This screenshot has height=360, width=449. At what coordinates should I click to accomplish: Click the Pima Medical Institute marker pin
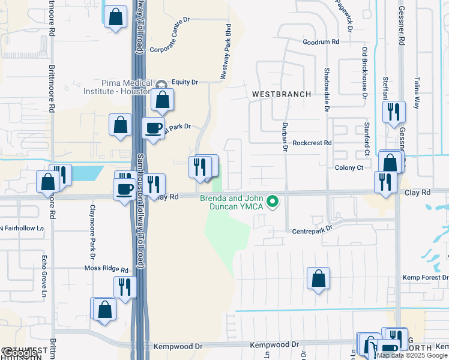point(161,83)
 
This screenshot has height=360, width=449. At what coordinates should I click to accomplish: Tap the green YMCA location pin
point(273,201)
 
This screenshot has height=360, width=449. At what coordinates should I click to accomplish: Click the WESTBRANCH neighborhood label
point(282,94)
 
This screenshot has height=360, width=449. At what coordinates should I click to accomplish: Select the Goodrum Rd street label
point(321,43)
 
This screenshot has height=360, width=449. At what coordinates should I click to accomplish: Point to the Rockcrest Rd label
point(312,143)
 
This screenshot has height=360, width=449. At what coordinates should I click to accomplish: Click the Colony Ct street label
point(349,168)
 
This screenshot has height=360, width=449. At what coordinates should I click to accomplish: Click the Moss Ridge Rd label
point(106,269)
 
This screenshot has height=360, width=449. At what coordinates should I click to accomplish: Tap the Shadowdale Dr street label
point(327,93)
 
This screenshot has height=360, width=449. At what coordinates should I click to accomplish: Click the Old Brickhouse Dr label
point(364,72)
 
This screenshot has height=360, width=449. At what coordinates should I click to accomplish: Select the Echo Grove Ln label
point(44,277)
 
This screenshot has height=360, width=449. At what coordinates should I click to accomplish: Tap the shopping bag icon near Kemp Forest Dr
point(318,278)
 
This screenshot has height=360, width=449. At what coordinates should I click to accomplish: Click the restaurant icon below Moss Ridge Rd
point(125,287)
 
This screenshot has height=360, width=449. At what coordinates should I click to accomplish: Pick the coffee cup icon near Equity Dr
point(153,128)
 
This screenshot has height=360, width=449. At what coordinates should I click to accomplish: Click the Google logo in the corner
point(19,353)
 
